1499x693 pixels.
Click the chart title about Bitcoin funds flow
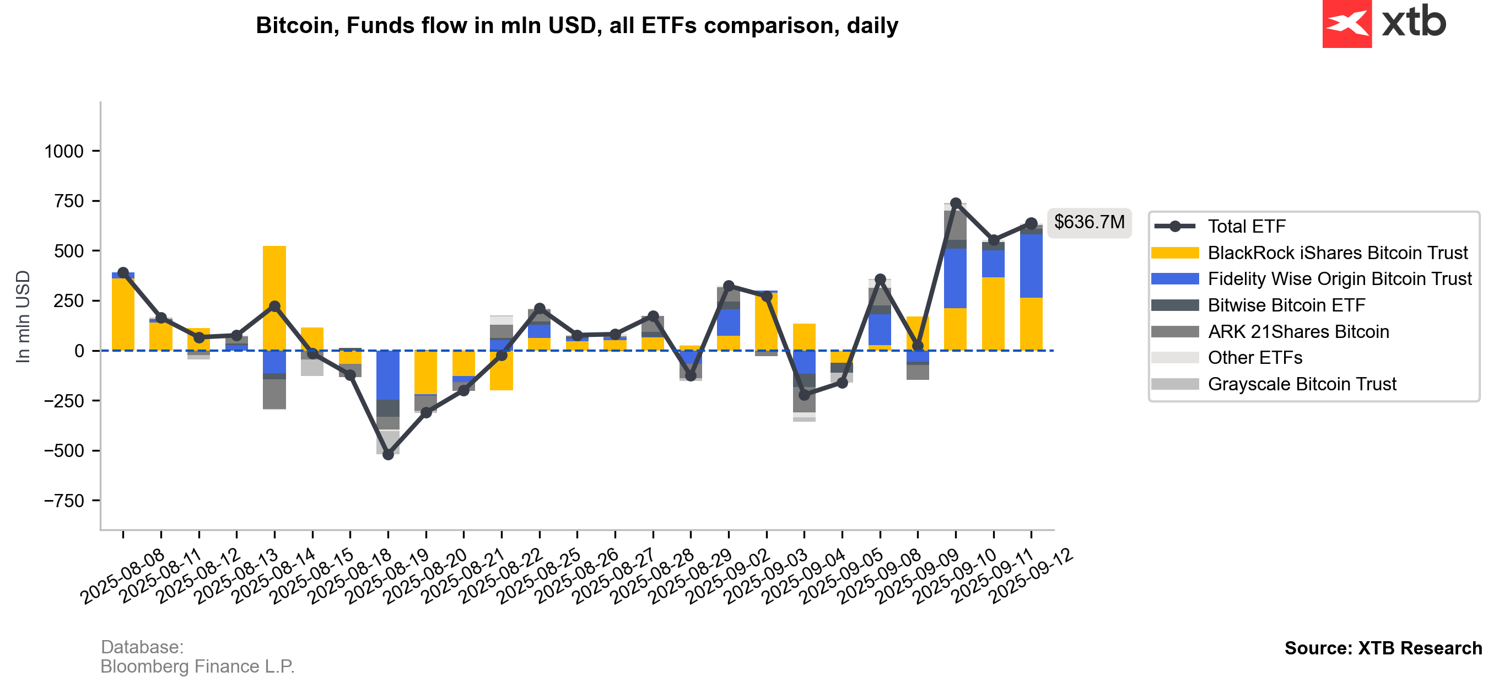pyautogui.click(x=576, y=25)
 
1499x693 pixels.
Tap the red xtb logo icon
pyautogui.click(x=1346, y=24)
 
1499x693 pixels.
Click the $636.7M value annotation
pyautogui.click(x=1089, y=222)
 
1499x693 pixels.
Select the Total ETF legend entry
pyautogui.click(x=1246, y=226)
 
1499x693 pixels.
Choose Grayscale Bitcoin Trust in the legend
pyautogui.click(x=1301, y=384)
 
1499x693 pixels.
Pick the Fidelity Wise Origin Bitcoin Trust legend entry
pyautogui.click(x=1339, y=278)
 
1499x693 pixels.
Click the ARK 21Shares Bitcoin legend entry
pyautogui.click(x=1298, y=331)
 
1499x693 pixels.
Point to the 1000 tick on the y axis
pyautogui.click(x=64, y=152)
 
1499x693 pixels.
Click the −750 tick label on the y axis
pyautogui.click(x=64, y=501)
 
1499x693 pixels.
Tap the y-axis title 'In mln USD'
pyautogui.click(x=23, y=316)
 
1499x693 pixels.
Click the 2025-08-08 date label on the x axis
pyautogui.click(x=123, y=577)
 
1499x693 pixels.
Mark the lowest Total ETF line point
pyautogui.click(x=388, y=454)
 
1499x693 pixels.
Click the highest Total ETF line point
pyautogui.click(x=956, y=203)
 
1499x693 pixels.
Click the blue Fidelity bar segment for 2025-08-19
pyautogui.click(x=388, y=375)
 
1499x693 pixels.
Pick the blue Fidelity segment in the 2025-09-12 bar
pyautogui.click(x=1031, y=266)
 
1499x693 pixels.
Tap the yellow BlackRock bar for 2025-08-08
pyautogui.click(x=123, y=314)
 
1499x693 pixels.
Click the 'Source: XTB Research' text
pyautogui.click(x=1383, y=648)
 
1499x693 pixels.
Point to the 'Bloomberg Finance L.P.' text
pyautogui.click(x=197, y=666)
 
